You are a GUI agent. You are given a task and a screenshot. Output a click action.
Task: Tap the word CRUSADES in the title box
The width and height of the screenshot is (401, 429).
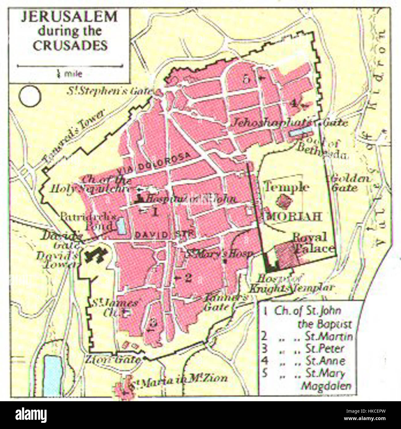pyautogui.click(x=70, y=46)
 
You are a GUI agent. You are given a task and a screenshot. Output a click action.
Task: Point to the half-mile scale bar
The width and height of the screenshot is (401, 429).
pyautogui.click(x=70, y=66)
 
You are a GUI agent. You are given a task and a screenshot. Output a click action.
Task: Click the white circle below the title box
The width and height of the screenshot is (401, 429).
pyautogui.click(x=30, y=96)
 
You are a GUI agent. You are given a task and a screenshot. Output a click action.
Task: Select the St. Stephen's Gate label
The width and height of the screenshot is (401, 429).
pyautogui.click(x=110, y=91)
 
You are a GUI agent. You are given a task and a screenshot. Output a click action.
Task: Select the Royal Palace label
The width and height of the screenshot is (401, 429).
pyautogui.click(x=312, y=243)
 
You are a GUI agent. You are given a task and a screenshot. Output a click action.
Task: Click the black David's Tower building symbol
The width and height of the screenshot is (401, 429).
pyautogui.click(x=96, y=255)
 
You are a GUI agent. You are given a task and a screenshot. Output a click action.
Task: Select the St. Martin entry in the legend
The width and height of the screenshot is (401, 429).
pyautogui.click(x=329, y=336)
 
